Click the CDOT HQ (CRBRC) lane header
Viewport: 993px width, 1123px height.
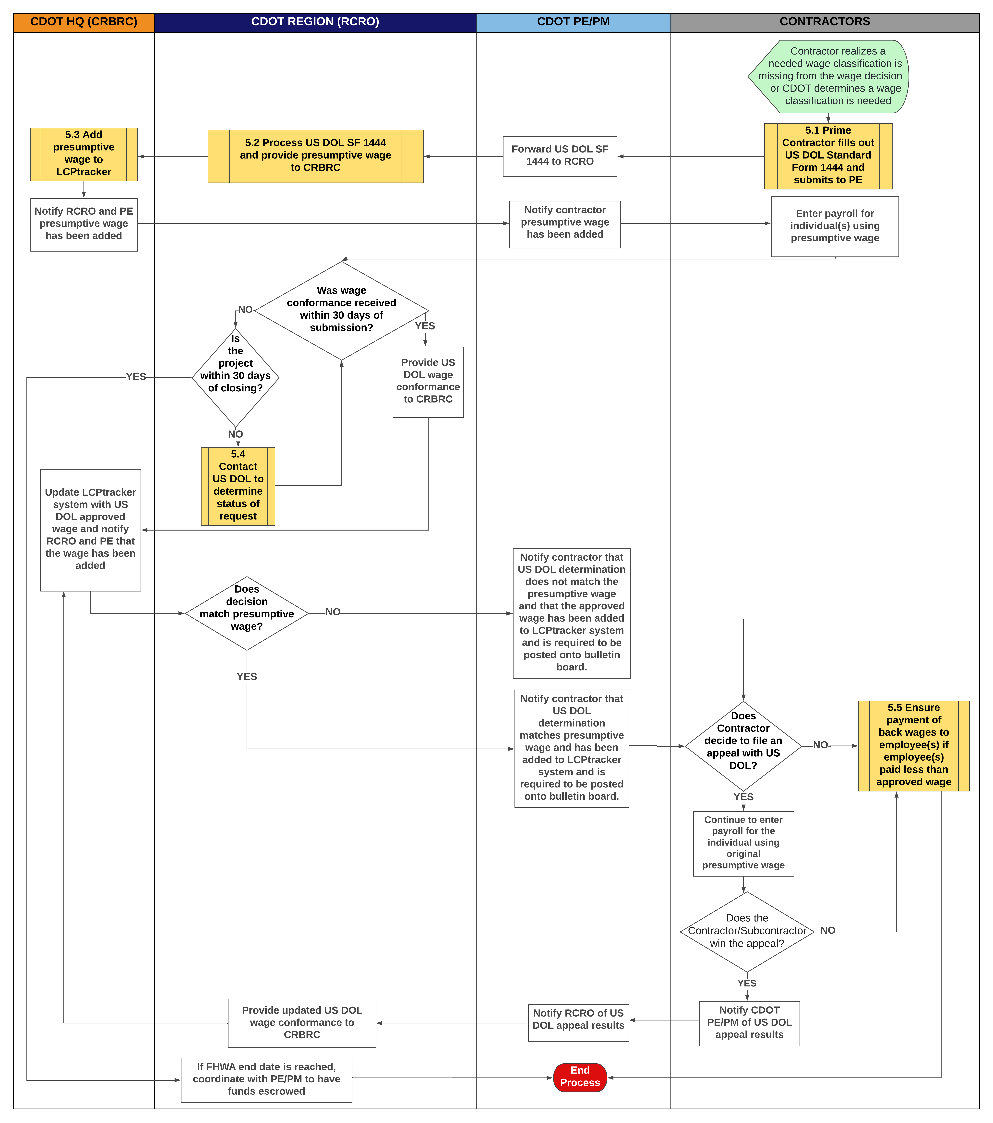coord(84,22)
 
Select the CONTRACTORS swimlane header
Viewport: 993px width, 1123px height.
coord(824,22)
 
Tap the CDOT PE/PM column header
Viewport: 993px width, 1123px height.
coord(573,22)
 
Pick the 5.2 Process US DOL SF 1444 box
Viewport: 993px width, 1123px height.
coord(315,156)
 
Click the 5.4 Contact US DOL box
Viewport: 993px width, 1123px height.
coord(238,486)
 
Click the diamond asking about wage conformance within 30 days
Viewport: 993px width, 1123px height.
coord(341,310)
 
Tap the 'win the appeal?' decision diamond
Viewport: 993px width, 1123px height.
coord(747,931)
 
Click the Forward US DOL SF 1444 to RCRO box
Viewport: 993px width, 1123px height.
coord(560,156)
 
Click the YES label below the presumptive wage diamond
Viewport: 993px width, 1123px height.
coord(247,676)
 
